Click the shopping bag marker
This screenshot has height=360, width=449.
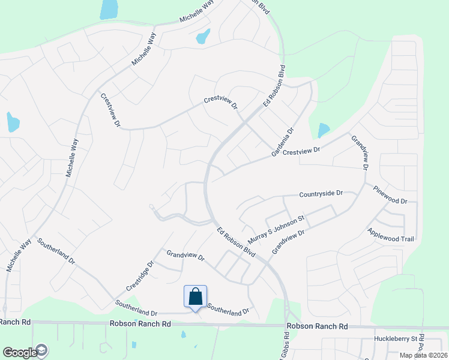pos(195,296)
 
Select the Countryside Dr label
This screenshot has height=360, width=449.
pos(321,194)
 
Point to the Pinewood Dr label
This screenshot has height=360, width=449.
pos(390,194)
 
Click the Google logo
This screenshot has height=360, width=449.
pos(19,353)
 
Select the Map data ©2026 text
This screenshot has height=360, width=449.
pos(423,355)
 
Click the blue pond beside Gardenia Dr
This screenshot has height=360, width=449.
pos(324,129)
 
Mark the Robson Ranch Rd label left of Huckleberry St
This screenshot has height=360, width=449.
pos(317,326)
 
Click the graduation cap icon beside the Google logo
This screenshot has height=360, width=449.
pos(42,350)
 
